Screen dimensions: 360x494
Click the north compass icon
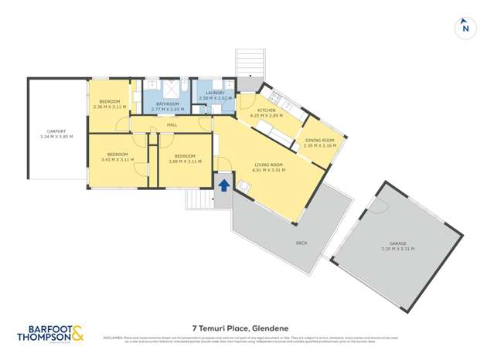[465, 27]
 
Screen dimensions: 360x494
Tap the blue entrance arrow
[223, 185]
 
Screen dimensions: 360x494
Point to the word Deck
[302, 243]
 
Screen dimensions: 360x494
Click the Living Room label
[270, 165]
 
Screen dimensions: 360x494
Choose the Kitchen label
[268, 110]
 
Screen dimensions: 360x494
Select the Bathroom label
[168, 104]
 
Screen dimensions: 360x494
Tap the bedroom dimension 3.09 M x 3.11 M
[185, 161]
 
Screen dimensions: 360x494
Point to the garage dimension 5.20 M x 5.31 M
[398, 248]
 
